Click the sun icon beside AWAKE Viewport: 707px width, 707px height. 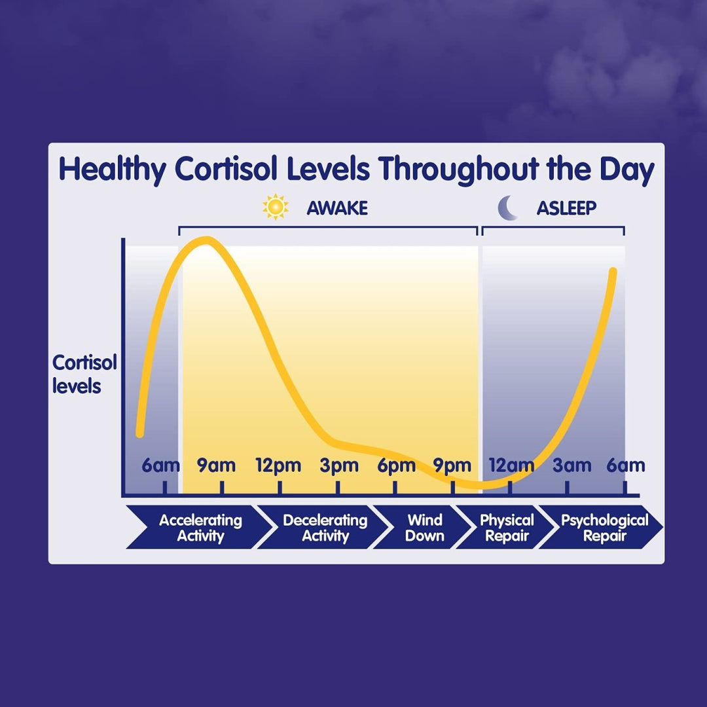coord(276,208)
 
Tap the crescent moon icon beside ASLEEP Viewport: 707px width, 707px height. coord(508,208)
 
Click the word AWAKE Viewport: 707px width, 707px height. coord(337,208)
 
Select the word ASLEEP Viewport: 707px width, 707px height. coord(566,208)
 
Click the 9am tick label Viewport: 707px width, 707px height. coord(217,466)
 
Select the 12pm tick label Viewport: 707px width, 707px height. coord(278,466)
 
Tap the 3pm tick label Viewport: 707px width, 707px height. coord(339,466)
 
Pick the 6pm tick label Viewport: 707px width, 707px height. coord(396,466)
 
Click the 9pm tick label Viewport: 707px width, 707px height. coord(452,466)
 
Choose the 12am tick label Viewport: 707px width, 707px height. coord(511,466)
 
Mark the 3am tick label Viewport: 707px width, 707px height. coord(571,466)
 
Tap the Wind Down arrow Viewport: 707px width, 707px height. coord(424,528)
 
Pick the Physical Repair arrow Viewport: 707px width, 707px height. coord(506,528)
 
